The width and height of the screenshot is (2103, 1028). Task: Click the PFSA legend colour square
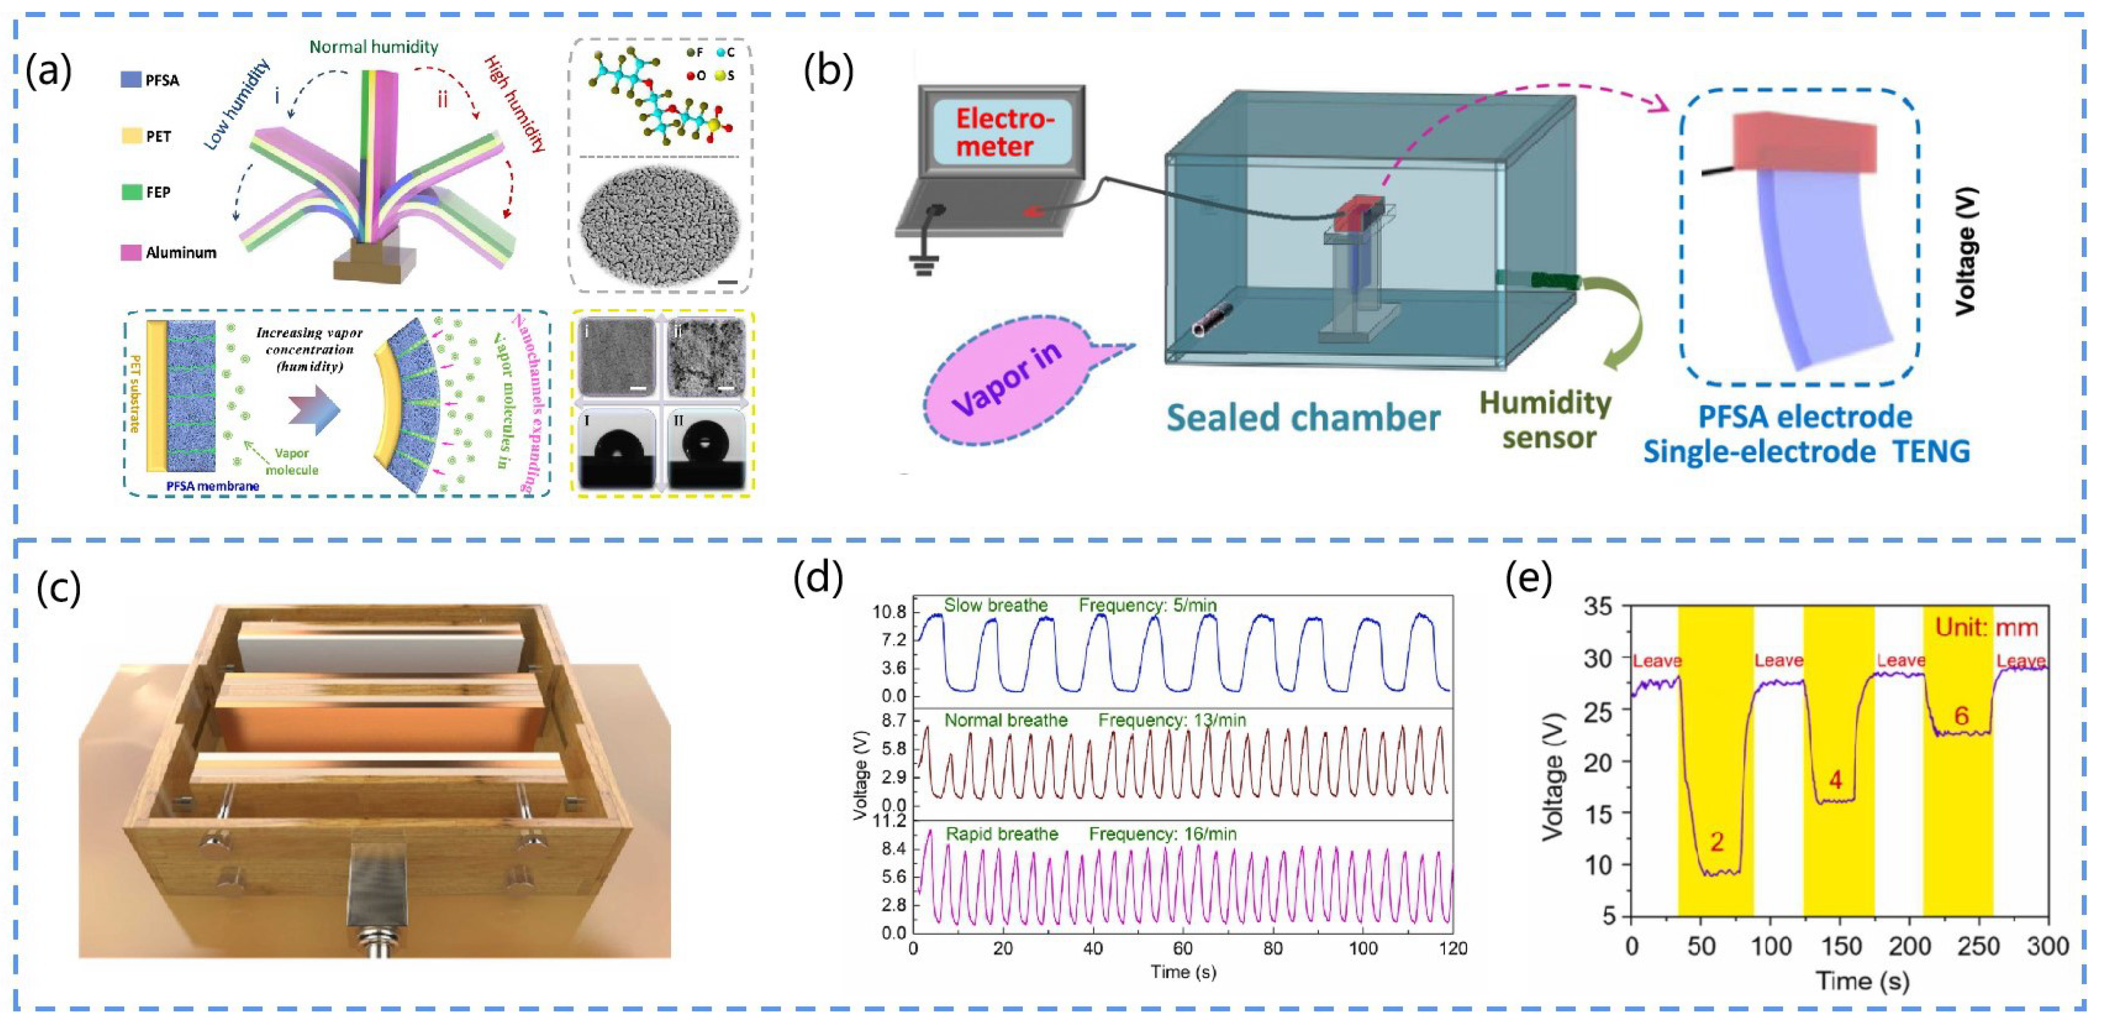(130, 79)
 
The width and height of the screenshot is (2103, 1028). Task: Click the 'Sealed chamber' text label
(1302, 417)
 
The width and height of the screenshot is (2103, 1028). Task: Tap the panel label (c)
(59, 589)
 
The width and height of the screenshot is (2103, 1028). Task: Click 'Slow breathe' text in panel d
(995, 606)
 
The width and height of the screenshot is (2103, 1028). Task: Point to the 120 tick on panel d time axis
(1453, 949)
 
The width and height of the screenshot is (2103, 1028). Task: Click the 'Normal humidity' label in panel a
(373, 47)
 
